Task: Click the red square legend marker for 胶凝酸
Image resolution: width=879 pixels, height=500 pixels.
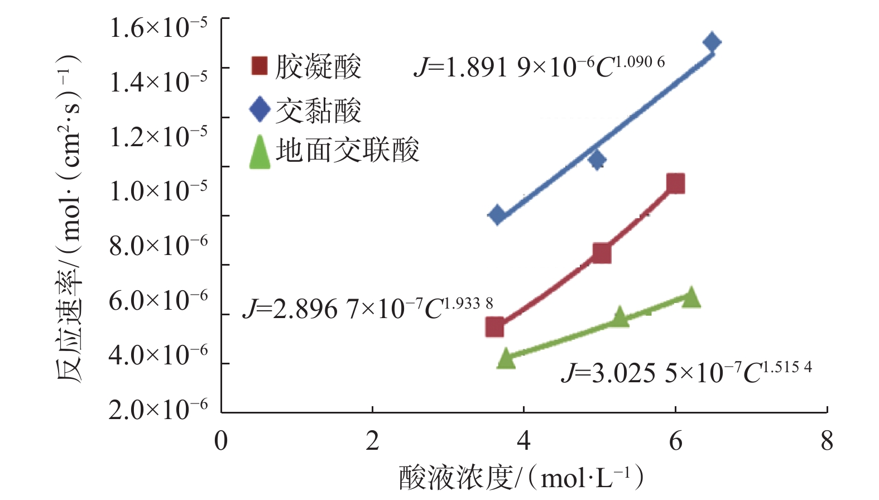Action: coord(260,65)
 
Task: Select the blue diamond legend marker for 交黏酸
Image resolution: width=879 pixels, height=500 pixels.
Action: coord(260,109)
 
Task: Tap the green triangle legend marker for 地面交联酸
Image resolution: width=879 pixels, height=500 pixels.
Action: coord(260,152)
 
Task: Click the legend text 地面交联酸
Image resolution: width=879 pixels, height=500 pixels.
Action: coord(347,151)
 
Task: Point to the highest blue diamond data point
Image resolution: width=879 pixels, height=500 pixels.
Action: coord(712,42)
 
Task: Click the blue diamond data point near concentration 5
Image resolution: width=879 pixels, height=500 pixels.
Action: coord(597,161)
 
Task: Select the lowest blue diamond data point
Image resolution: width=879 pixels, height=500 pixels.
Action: coord(497,215)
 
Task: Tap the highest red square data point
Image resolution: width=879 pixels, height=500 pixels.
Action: coord(675,183)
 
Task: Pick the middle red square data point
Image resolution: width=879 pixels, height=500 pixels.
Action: coord(601,253)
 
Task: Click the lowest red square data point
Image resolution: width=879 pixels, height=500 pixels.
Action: coord(494,327)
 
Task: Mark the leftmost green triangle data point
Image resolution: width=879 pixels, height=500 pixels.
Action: coord(506,358)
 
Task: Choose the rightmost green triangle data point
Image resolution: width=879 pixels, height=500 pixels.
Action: coord(691,297)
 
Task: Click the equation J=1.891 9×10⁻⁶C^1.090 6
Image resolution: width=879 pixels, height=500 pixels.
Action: coord(539,67)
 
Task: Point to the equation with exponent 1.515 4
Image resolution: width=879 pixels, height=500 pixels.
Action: coord(686,372)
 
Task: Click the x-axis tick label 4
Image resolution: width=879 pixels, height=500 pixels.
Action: coord(523,441)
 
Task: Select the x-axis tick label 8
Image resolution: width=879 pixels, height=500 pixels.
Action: coord(827,441)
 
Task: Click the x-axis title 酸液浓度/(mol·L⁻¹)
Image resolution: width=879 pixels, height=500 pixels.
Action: coord(521,478)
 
